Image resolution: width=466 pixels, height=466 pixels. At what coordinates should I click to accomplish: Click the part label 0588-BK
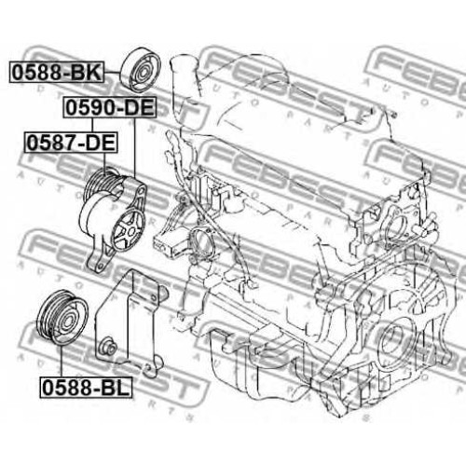pos(57,72)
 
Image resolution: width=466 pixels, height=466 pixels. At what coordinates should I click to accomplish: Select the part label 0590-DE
pos(110,107)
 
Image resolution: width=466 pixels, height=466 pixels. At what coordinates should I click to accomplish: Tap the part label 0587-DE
pos(71,143)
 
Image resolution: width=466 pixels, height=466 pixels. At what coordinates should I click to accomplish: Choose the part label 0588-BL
pos(86,388)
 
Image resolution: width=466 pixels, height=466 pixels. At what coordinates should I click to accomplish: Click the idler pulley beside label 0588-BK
pos(141,71)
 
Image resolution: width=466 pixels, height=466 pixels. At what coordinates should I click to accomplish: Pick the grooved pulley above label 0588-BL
pos(62,317)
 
